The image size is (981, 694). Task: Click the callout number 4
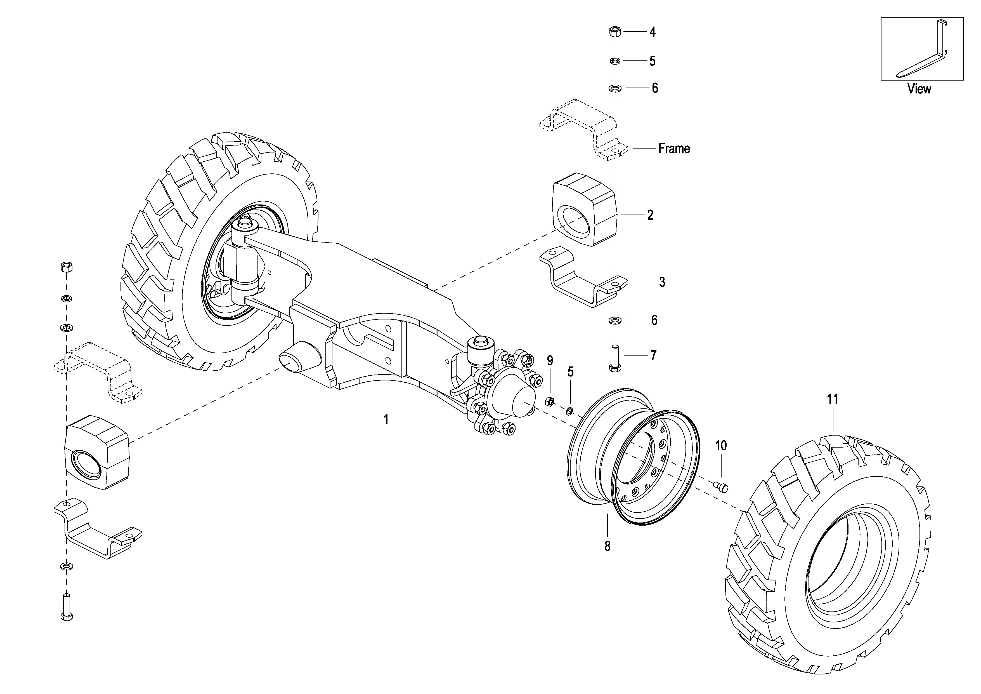[653, 32]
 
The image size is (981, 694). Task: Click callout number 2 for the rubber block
[650, 215]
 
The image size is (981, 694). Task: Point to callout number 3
[662, 282]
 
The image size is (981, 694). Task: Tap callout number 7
[653, 355]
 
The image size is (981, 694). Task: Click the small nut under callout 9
[550, 401]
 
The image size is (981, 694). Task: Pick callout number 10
[721, 446]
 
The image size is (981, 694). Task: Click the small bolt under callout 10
[721, 486]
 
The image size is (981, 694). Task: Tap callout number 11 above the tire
[832, 399]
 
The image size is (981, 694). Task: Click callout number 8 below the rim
[607, 546]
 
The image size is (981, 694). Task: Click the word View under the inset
[919, 89]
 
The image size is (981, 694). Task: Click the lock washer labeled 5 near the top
[615, 61]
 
